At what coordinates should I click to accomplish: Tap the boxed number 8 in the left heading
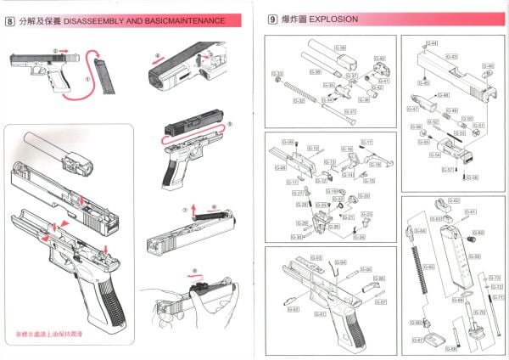9,18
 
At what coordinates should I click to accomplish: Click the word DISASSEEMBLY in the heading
95,18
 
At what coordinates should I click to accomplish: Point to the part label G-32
299,100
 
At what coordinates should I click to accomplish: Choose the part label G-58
473,176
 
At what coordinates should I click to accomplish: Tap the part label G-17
367,142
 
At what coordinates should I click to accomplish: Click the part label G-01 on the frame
321,314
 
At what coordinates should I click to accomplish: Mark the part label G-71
497,297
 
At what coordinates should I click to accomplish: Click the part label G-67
417,341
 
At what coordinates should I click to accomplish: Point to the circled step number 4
157,58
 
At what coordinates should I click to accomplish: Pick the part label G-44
433,42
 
